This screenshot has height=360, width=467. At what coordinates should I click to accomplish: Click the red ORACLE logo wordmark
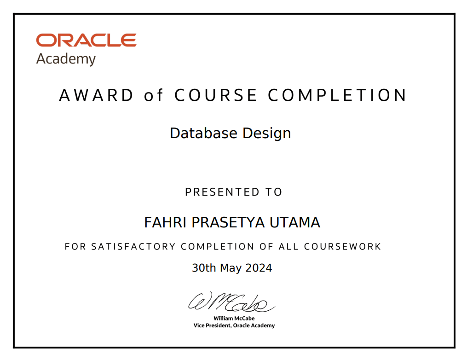[x=86, y=40]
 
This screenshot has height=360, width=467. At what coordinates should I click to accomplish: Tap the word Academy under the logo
[x=66, y=59]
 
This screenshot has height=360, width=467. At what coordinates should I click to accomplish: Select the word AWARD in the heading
[x=96, y=95]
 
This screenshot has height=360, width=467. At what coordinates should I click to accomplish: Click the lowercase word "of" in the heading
[x=153, y=95]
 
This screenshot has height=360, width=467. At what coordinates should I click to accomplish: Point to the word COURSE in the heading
[x=215, y=95]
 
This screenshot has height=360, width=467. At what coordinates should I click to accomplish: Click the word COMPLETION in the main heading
[x=337, y=95]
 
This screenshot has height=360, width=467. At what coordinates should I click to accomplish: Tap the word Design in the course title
[x=266, y=134]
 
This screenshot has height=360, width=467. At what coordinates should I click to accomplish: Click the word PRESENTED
[x=222, y=192]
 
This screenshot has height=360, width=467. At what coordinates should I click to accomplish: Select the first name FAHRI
[x=165, y=222]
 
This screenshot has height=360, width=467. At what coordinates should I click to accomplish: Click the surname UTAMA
[x=295, y=222]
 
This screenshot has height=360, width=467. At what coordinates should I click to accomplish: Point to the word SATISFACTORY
[x=133, y=246]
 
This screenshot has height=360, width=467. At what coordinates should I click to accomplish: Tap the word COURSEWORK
[x=342, y=246]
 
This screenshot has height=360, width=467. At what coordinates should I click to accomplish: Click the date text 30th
[x=204, y=267]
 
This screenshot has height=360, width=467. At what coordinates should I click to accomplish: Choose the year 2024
[x=259, y=267]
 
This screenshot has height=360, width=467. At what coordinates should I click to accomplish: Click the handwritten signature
[x=231, y=302]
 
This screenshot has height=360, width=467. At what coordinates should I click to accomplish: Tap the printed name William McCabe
[x=234, y=318]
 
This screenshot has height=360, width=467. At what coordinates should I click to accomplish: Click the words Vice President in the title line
[x=212, y=325]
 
